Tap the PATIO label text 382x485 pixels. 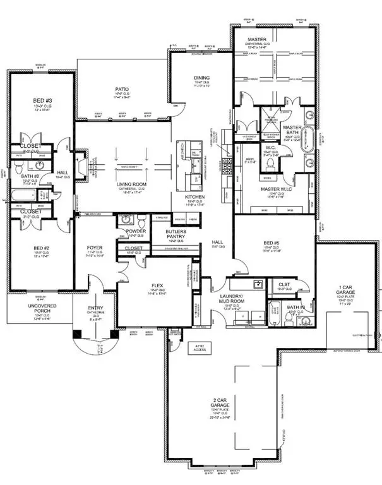coord(122,90)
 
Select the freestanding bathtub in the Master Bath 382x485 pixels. coord(309,138)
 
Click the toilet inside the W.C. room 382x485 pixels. coord(270,163)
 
